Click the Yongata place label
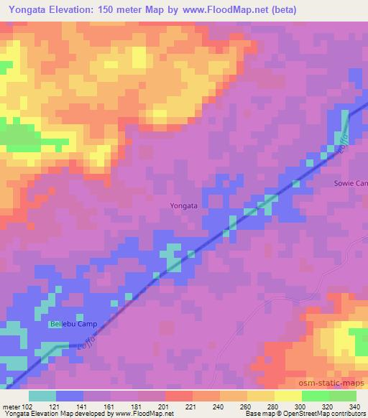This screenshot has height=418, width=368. (183, 205)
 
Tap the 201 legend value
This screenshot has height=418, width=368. (165, 406)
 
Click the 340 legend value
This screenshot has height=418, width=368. (355, 406)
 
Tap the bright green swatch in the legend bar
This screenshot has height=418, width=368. (315, 396)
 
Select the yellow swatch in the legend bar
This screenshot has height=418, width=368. (287, 396)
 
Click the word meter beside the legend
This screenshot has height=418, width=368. (10, 406)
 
